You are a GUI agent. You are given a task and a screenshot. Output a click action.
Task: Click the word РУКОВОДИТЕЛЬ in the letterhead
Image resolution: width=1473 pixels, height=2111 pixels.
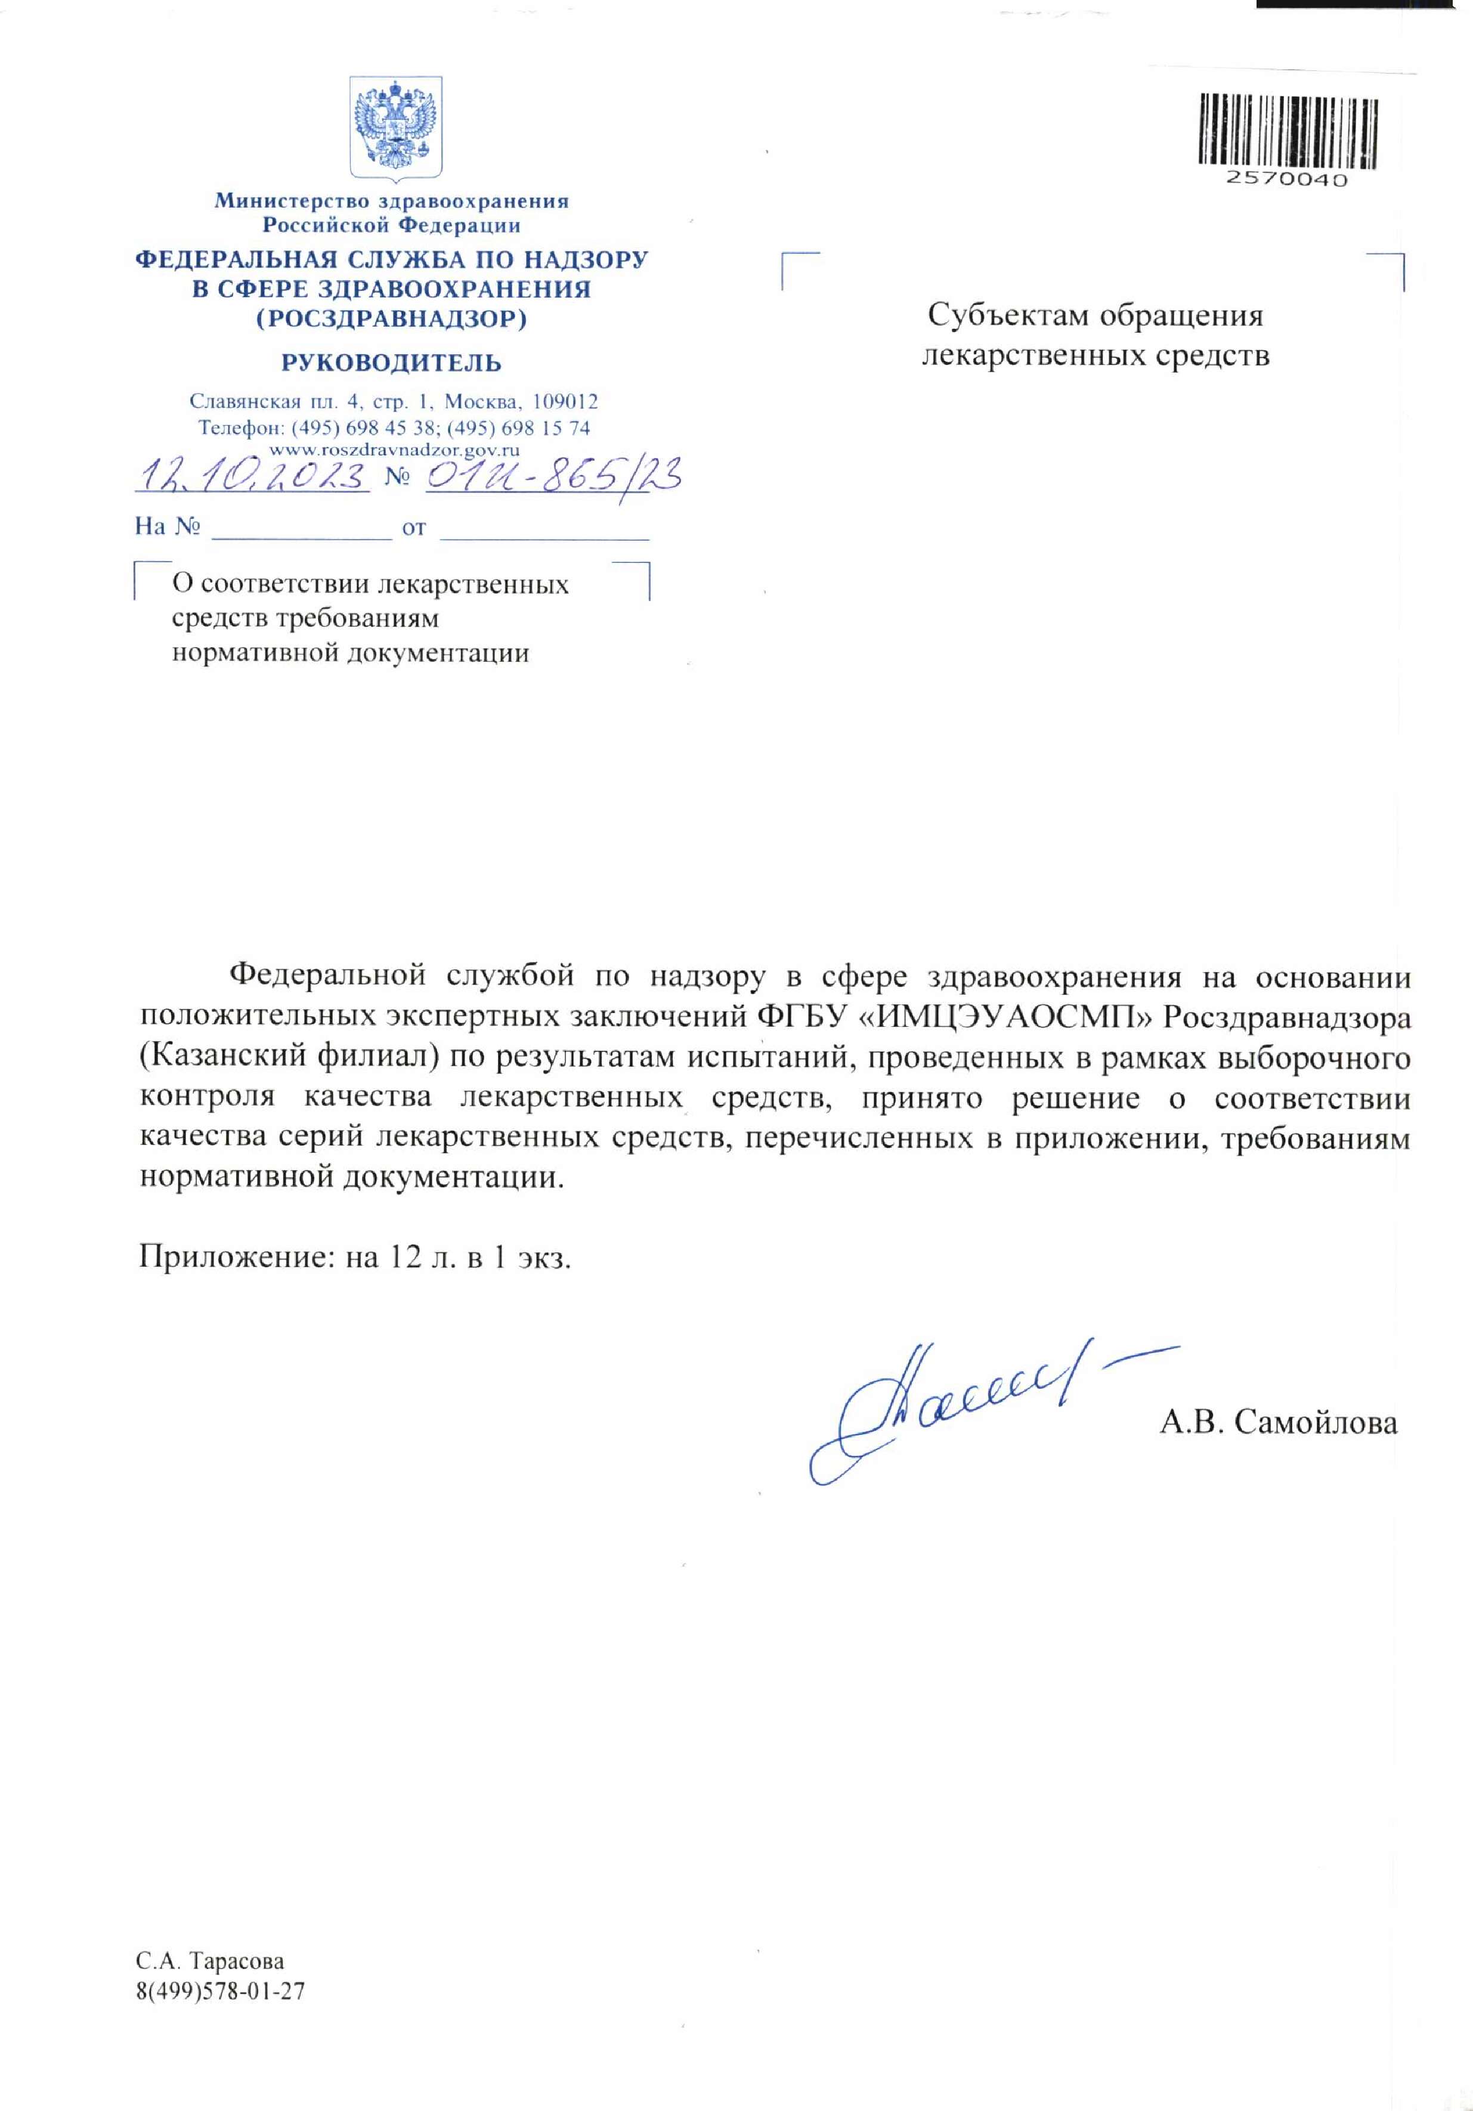click(x=392, y=363)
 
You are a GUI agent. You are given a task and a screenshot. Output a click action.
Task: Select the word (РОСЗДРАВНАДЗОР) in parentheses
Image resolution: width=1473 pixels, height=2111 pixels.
click(x=392, y=319)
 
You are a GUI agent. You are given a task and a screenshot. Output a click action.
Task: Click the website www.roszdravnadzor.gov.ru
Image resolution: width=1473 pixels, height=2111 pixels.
click(x=394, y=450)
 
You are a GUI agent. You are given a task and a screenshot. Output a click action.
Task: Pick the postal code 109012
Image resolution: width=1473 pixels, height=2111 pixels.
click(x=565, y=402)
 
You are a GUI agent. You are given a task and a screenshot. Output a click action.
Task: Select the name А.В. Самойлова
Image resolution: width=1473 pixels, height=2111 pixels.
click(x=1278, y=1422)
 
